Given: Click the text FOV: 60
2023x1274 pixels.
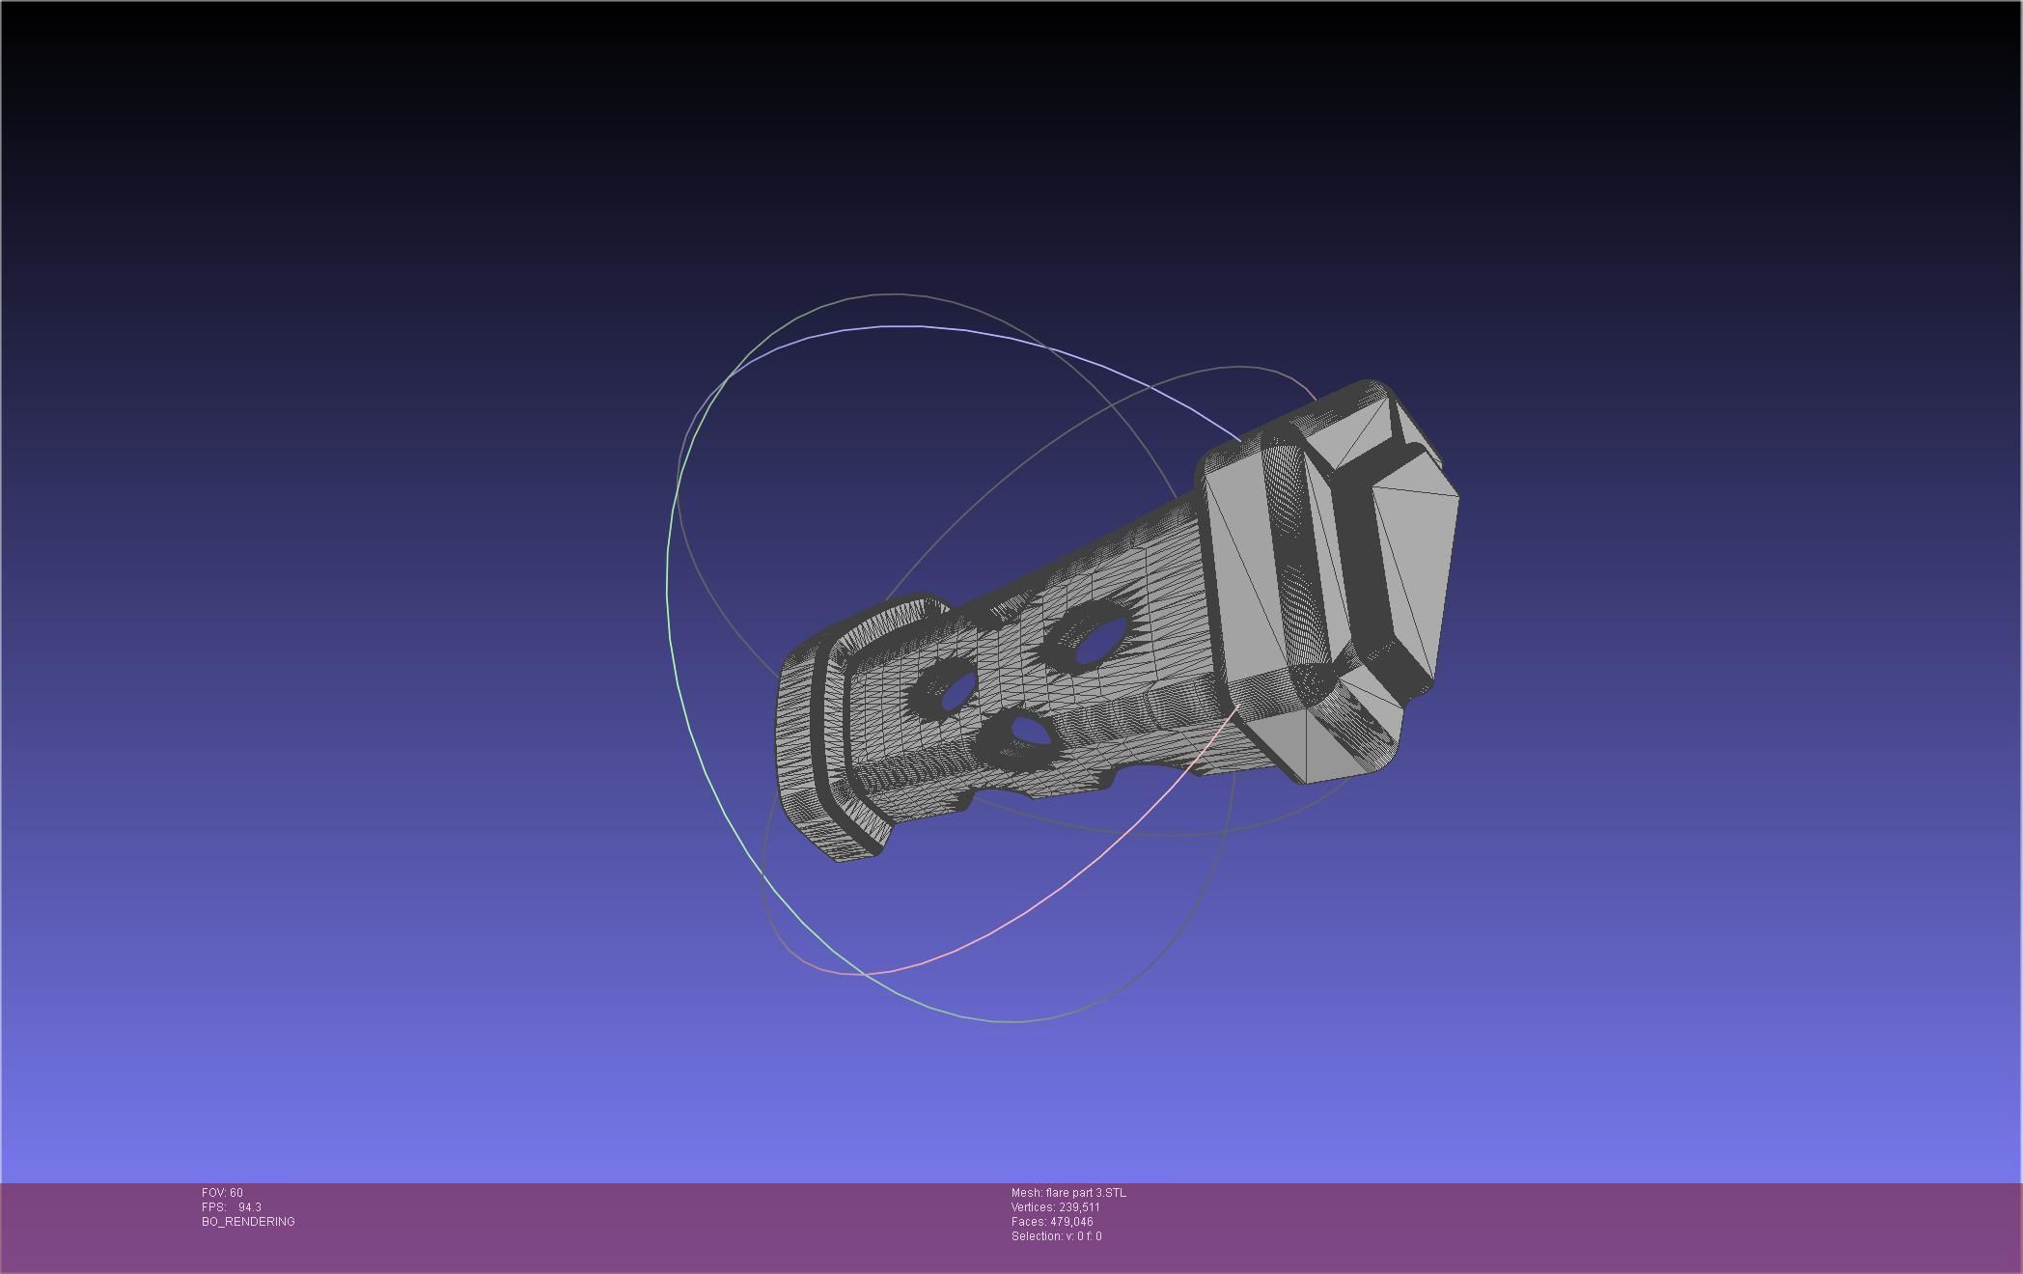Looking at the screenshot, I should (x=222, y=1193).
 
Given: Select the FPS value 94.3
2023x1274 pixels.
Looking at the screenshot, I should (x=249, y=1207).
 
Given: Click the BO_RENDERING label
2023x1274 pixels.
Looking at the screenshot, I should (x=248, y=1222).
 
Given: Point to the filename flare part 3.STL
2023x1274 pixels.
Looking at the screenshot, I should (x=1085, y=1193).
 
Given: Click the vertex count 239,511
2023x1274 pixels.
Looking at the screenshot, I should (x=1079, y=1207).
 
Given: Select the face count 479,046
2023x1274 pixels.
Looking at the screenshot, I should (x=1071, y=1222).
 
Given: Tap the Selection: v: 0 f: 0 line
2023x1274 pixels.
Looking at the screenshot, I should (x=1056, y=1236).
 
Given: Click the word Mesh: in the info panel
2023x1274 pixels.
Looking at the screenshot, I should (x=1026, y=1193).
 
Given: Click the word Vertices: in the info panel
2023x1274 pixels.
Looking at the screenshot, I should (x=1033, y=1207).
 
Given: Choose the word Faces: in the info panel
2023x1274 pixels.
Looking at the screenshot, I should (x=1029, y=1222).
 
